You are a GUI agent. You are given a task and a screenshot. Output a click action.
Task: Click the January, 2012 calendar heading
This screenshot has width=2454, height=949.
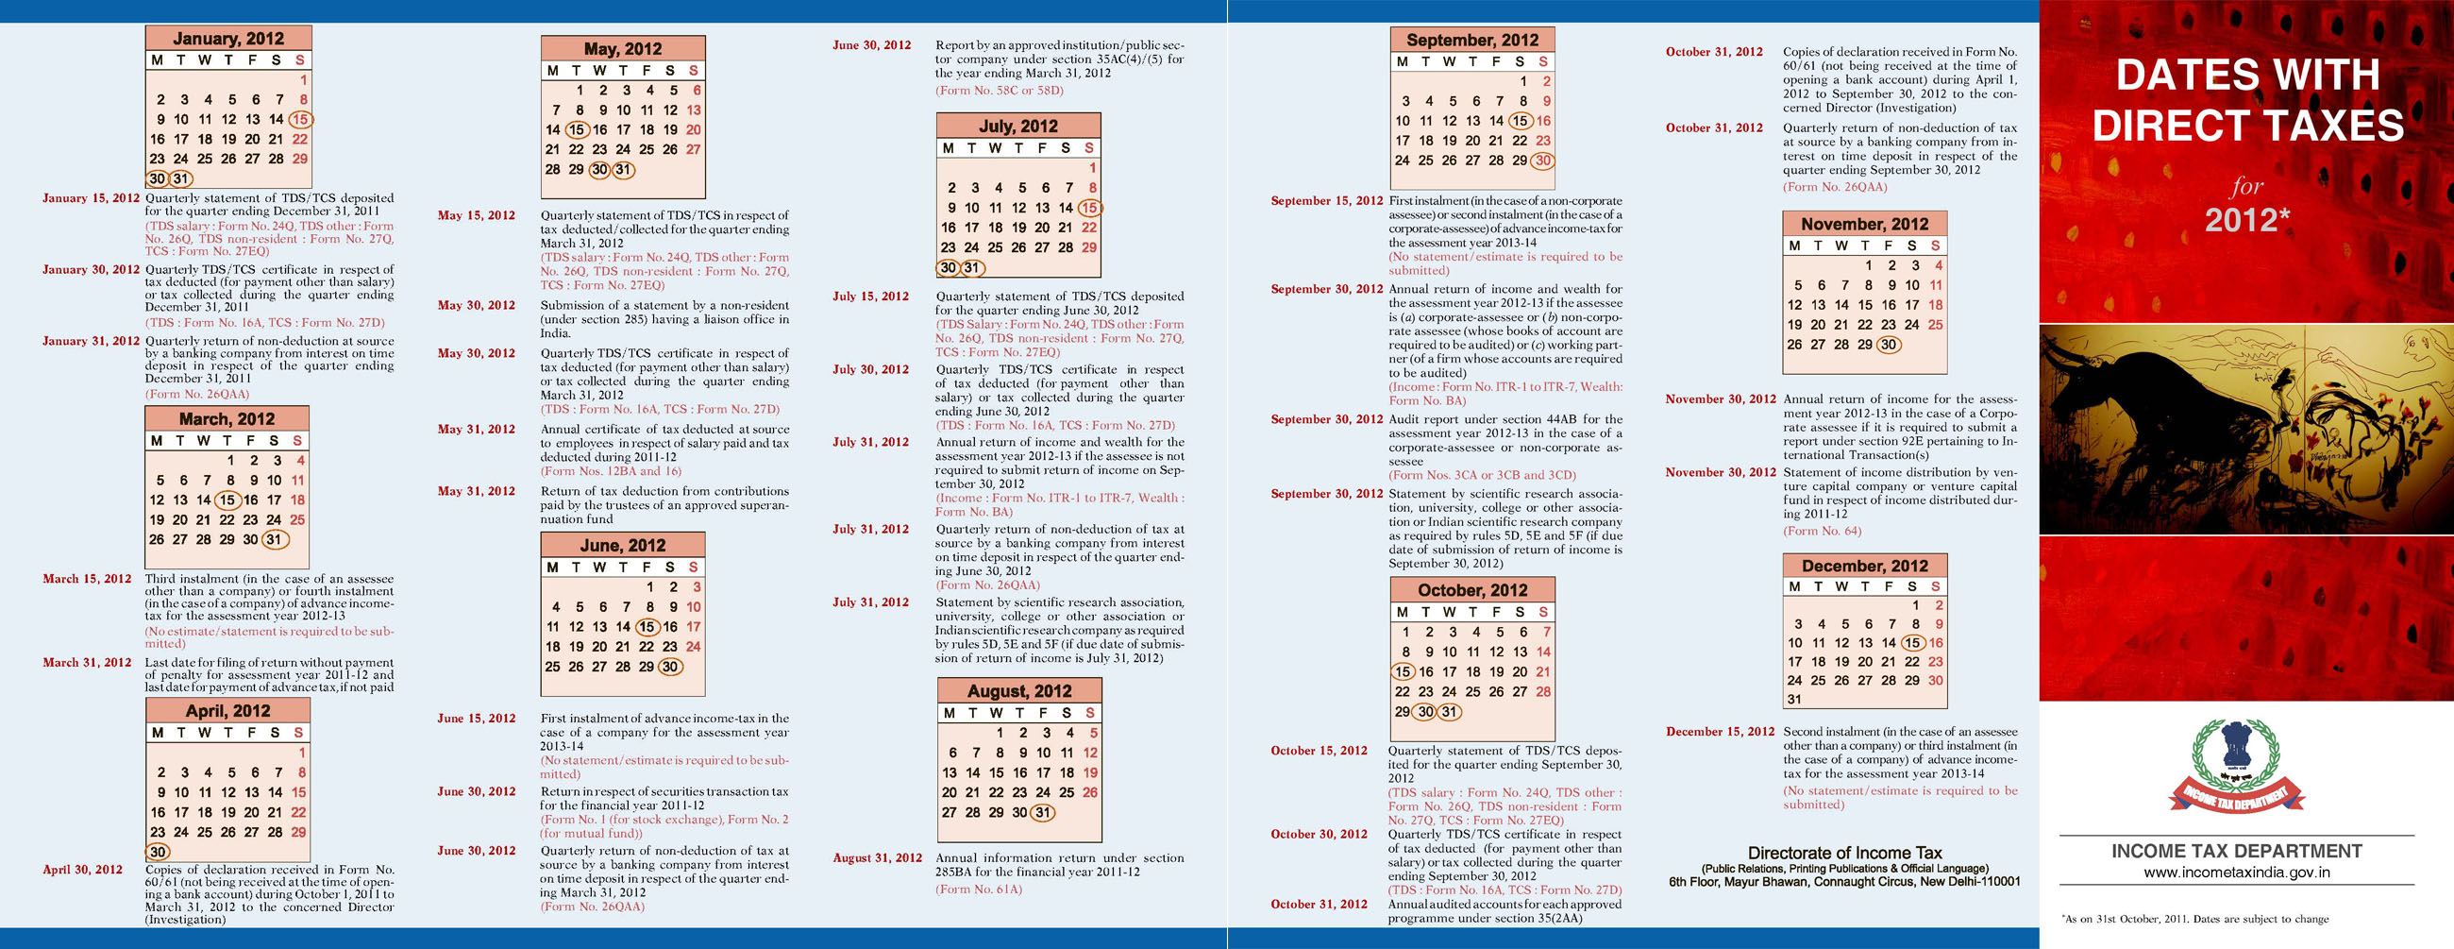tap(227, 38)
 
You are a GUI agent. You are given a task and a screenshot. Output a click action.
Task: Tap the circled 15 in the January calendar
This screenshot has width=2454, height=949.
tap(300, 119)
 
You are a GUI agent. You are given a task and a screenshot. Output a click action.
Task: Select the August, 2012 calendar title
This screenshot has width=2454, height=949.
tap(1019, 691)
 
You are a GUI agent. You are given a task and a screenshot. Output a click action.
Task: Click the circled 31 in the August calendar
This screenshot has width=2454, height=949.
tap(1043, 813)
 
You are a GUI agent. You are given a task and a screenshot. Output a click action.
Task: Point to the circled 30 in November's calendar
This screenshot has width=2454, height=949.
tap(1888, 345)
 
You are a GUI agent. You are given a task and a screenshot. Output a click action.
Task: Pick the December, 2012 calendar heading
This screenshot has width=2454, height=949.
tap(1864, 565)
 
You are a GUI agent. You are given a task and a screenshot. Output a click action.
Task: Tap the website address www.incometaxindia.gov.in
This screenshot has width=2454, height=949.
tap(2236, 872)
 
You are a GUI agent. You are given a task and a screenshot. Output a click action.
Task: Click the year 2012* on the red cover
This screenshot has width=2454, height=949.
tap(2246, 221)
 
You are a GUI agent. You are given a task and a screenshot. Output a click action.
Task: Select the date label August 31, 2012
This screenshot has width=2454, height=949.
tap(878, 857)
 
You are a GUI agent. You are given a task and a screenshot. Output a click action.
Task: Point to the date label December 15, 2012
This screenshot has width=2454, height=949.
tap(1720, 732)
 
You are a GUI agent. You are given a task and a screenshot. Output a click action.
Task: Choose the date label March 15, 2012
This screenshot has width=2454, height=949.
tap(87, 578)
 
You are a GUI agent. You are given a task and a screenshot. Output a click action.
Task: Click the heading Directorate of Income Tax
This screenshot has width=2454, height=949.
tap(1844, 853)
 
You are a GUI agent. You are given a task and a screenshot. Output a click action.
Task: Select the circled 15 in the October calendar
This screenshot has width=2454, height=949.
tap(1403, 671)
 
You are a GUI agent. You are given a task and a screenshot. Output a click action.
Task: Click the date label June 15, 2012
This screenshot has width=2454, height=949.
tap(477, 719)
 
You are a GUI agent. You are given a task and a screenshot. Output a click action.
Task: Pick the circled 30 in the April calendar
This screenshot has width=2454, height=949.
tap(159, 852)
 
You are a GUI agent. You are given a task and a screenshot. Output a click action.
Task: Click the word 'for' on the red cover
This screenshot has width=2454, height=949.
tap(2245, 186)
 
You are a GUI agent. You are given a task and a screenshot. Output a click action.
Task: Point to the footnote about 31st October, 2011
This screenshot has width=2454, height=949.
tap(2194, 920)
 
